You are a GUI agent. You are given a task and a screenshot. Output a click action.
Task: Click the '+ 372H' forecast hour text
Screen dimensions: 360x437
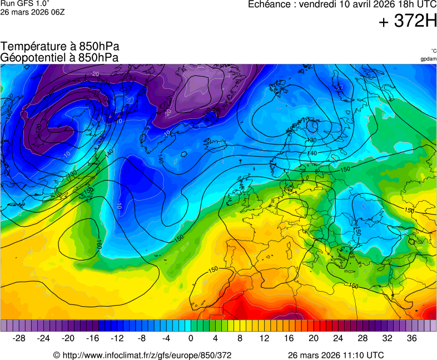[x=407, y=21]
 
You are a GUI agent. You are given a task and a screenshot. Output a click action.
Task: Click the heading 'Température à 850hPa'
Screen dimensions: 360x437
[x=60, y=47]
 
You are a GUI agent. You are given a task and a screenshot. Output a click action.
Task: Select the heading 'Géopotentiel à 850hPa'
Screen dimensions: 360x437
[x=59, y=57]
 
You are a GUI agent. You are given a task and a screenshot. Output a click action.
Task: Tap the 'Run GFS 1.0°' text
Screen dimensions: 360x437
[x=25, y=3]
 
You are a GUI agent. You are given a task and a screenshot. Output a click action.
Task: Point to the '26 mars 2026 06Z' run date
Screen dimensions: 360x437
[x=33, y=12]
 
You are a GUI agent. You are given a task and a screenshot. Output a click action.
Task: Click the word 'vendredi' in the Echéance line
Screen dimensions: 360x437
[x=316, y=4]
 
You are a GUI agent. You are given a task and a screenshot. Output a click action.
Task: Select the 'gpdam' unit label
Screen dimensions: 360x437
[x=428, y=58]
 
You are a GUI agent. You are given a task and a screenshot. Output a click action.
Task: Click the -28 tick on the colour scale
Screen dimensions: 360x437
[x=19, y=338]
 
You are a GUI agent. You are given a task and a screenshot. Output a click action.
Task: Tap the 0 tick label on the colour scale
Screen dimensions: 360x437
[x=191, y=338]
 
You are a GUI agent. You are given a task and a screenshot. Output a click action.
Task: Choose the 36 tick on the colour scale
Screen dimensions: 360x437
[x=411, y=338]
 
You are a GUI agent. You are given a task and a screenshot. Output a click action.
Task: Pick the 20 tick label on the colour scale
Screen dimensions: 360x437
[x=313, y=338]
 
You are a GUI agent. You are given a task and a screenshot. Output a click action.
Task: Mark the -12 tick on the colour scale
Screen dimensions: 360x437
[x=117, y=338]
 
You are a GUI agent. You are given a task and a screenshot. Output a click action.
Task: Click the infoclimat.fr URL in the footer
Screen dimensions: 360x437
[x=142, y=355]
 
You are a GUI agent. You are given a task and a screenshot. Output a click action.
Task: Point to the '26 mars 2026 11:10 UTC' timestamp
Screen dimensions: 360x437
[x=335, y=355]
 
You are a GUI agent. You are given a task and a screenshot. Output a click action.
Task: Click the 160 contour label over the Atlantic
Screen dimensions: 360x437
[x=98, y=243]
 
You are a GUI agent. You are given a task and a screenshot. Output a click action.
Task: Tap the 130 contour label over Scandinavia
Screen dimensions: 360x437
[x=312, y=141]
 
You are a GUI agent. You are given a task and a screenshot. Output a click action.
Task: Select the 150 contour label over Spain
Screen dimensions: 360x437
[x=213, y=270]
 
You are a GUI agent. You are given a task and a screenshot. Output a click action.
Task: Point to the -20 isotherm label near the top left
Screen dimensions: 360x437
[x=95, y=74]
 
